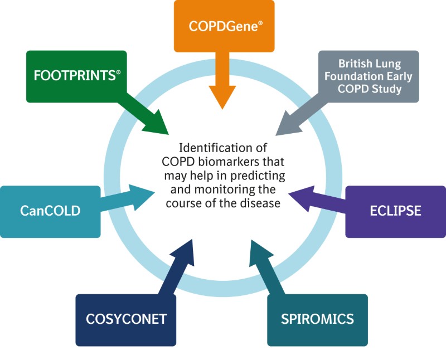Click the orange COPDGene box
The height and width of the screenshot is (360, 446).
[224, 26]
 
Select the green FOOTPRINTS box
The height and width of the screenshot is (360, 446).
[76, 76]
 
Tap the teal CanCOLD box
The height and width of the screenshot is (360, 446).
[50, 211]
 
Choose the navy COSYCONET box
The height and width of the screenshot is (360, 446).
[126, 319]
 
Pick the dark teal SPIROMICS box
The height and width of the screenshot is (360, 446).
[317, 319]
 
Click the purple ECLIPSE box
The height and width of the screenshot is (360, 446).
[395, 211]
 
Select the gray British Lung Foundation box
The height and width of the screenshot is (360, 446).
[369, 76]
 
